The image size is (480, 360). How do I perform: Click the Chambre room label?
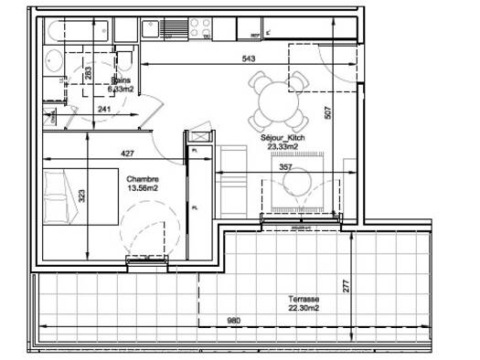pyautogui.click(x=143, y=179)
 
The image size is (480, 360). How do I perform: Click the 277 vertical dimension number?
pyautogui.click(x=347, y=285)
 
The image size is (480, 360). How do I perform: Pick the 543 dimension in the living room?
pyautogui.click(x=247, y=58)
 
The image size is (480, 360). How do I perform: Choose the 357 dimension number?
pyautogui.click(x=284, y=168)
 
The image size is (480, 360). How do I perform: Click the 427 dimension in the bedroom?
pyautogui.click(x=129, y=153)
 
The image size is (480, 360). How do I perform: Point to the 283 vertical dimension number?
pyautogui.click(x=88, y=74)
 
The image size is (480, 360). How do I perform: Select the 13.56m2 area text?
pyautogui.click(x=143, y=188)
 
